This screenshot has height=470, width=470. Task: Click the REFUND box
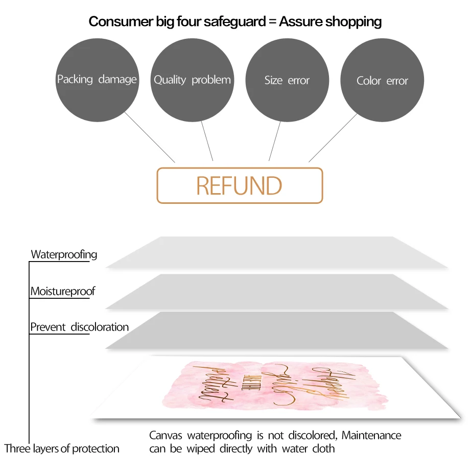click(240, 185)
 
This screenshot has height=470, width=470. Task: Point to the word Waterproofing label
click(64, 254)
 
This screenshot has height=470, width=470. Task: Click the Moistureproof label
click(63, 292)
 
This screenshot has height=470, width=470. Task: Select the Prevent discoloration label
click(79, 327)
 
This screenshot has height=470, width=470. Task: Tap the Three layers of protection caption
click(62, 449)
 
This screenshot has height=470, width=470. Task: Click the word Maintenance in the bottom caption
click(371, 436)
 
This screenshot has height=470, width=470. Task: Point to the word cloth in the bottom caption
click(323, 449)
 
